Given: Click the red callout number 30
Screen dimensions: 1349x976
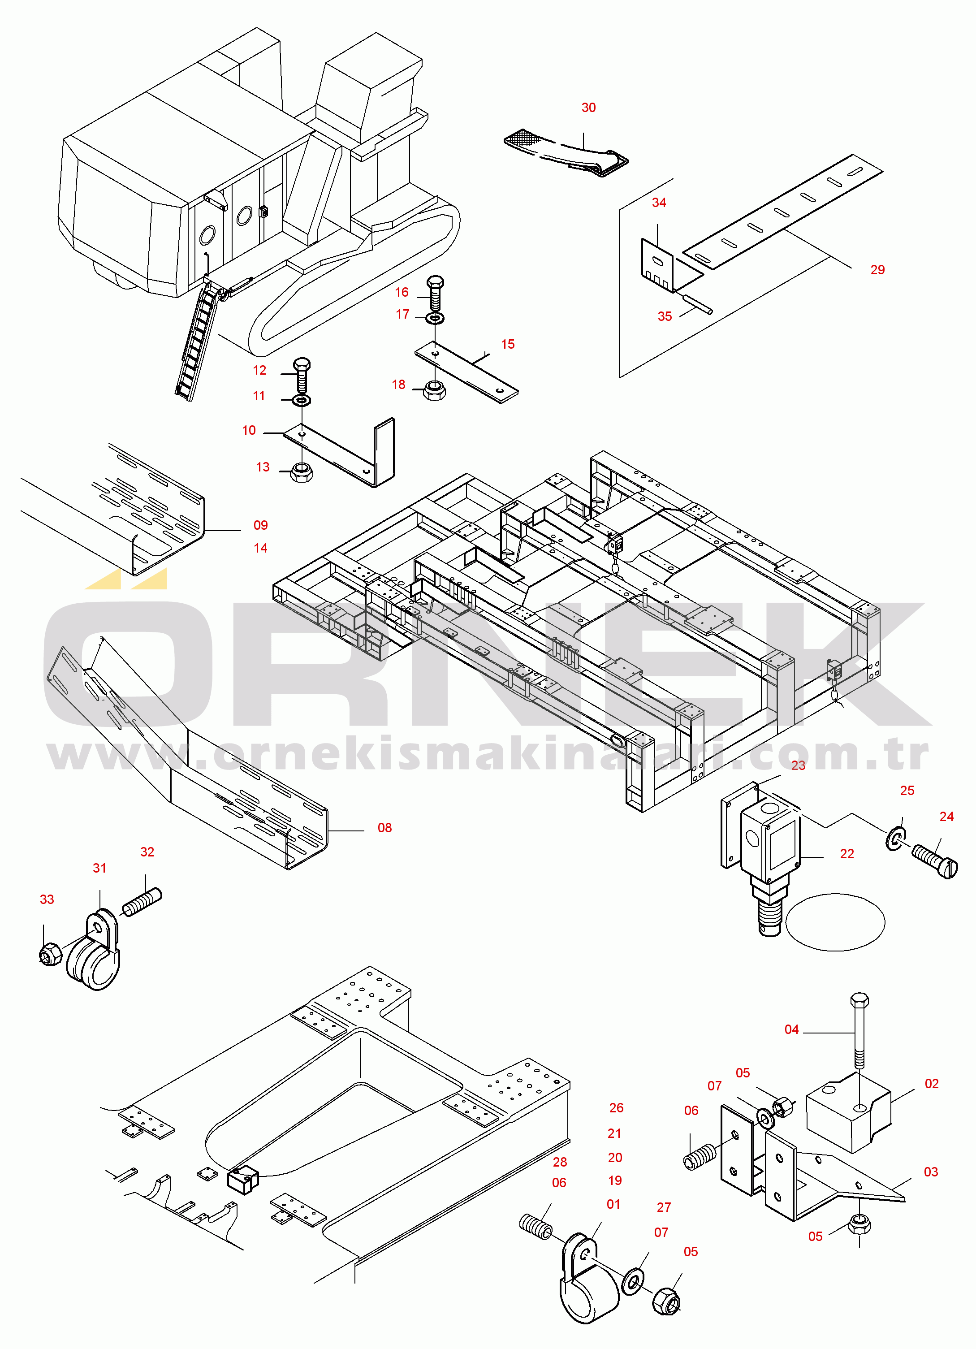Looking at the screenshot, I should point(588,108).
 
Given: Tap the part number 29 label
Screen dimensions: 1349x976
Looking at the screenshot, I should point(877,270).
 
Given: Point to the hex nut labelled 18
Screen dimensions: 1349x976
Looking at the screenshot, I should point(434,391).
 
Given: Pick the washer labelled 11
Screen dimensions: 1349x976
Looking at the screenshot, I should point(302,400).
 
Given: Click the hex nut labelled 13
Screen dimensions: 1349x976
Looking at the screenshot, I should point(301,473).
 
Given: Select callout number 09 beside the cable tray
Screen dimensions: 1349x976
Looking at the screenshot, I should point(260,525).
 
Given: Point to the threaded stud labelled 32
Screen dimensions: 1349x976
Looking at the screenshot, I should point(142,902).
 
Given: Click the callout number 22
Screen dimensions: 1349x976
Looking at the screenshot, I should point(846,854).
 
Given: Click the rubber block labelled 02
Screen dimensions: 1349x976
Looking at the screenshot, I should point(847,1115).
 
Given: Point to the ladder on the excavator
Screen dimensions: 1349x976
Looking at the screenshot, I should point(196,342).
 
